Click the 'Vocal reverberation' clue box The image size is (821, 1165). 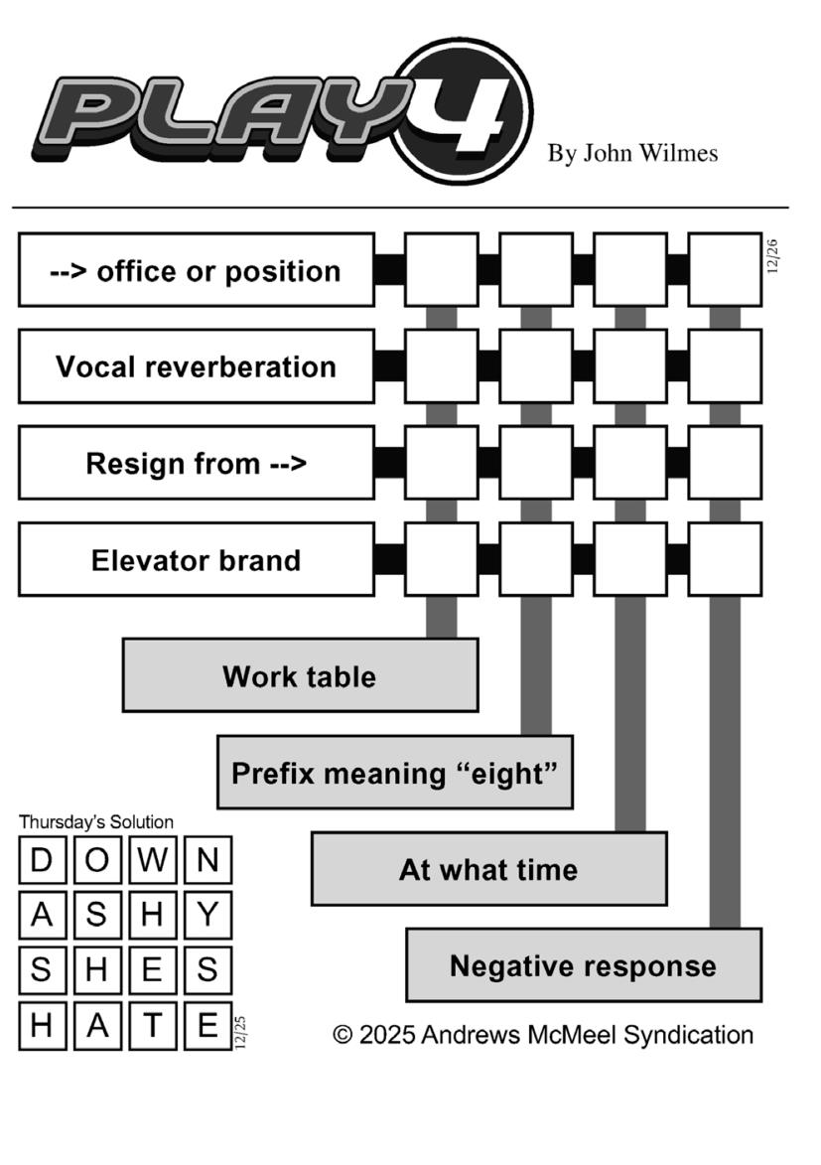(197, 366)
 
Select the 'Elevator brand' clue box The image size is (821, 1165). (197, 560)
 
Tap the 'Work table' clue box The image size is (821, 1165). (300, 676)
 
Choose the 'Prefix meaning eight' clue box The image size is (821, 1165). (394, 773)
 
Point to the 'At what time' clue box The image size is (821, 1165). (488, 870)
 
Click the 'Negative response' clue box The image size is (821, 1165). (584, 966)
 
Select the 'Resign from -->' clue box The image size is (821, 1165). (197, 464)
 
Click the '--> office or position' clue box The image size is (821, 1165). (197, 271)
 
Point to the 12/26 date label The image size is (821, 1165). (773, 256)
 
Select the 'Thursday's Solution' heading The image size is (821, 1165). (95, 822)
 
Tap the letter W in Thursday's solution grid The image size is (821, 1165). (152, 860)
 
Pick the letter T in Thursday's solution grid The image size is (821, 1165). (152, 1026)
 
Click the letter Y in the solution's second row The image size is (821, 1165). (207, 916)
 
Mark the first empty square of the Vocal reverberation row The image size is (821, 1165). (441, 366)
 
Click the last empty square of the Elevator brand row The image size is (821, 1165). (725, 560)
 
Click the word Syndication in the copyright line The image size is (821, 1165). (686, 1035)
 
